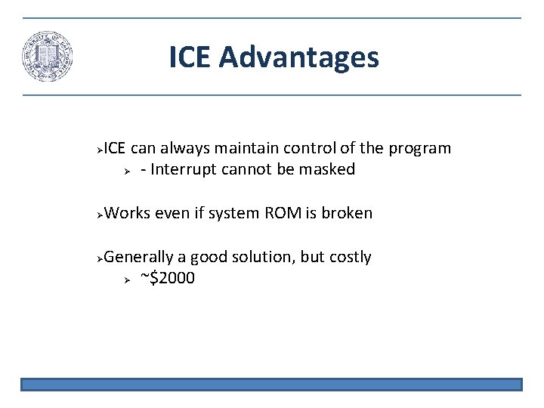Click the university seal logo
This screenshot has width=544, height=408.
click(x=47, y=57)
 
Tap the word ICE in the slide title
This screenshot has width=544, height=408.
click(x=191, y=57)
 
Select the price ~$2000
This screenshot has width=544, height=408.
click(x=168, y=278)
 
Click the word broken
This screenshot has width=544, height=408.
click(x=347, y=213)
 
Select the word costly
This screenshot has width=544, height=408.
click(x=350, y=257)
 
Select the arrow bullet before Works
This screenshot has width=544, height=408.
click(x=100, y=214)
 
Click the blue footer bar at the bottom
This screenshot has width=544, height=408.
click(x=271, y=385)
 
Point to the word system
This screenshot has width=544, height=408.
click(x=233, y=213)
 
